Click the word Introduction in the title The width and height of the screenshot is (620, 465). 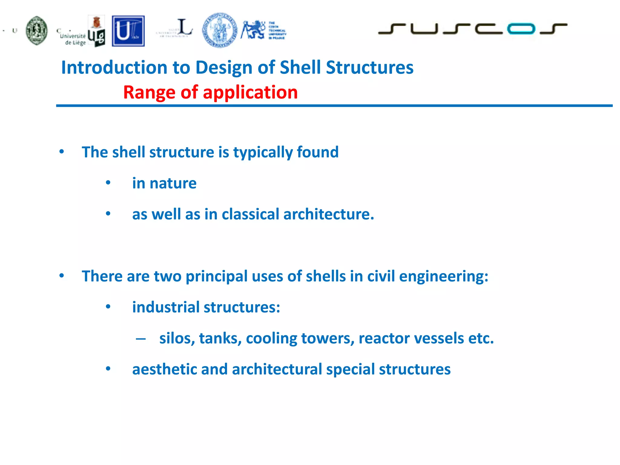(114, 67)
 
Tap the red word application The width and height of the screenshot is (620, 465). (250, 92)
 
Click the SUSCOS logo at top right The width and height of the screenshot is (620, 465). (472, 29)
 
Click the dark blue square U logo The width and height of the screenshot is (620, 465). (128, 31)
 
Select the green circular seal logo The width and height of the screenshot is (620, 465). (37, 31)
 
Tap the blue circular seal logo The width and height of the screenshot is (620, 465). (220, 30)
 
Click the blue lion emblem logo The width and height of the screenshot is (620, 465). (253, 30)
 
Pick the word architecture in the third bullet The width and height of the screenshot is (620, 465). (328, 214)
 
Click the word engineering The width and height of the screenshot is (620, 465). (444, 276)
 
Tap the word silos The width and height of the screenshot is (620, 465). (177, 338)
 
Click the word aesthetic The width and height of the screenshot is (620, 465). (164, 369)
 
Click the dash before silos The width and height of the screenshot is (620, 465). (141, 339)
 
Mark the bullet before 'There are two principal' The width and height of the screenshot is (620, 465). (62, 276)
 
